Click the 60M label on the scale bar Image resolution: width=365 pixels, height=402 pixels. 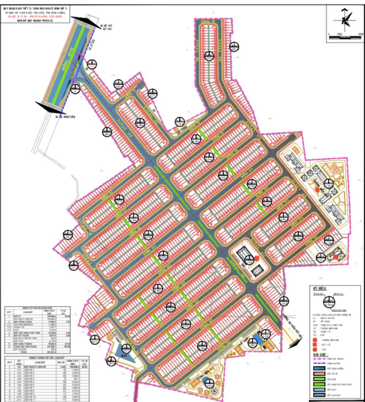click(x=361, y=34)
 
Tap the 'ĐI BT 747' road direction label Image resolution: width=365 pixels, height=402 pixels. click(x=105, y=26)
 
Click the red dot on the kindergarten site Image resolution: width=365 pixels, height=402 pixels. click(x=317, y=190)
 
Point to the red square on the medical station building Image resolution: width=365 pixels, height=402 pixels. click(x=335, y=257)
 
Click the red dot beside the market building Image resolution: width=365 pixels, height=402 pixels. click(x=257, y=258)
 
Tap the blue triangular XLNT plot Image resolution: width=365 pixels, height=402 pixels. click(x=123, y=354)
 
